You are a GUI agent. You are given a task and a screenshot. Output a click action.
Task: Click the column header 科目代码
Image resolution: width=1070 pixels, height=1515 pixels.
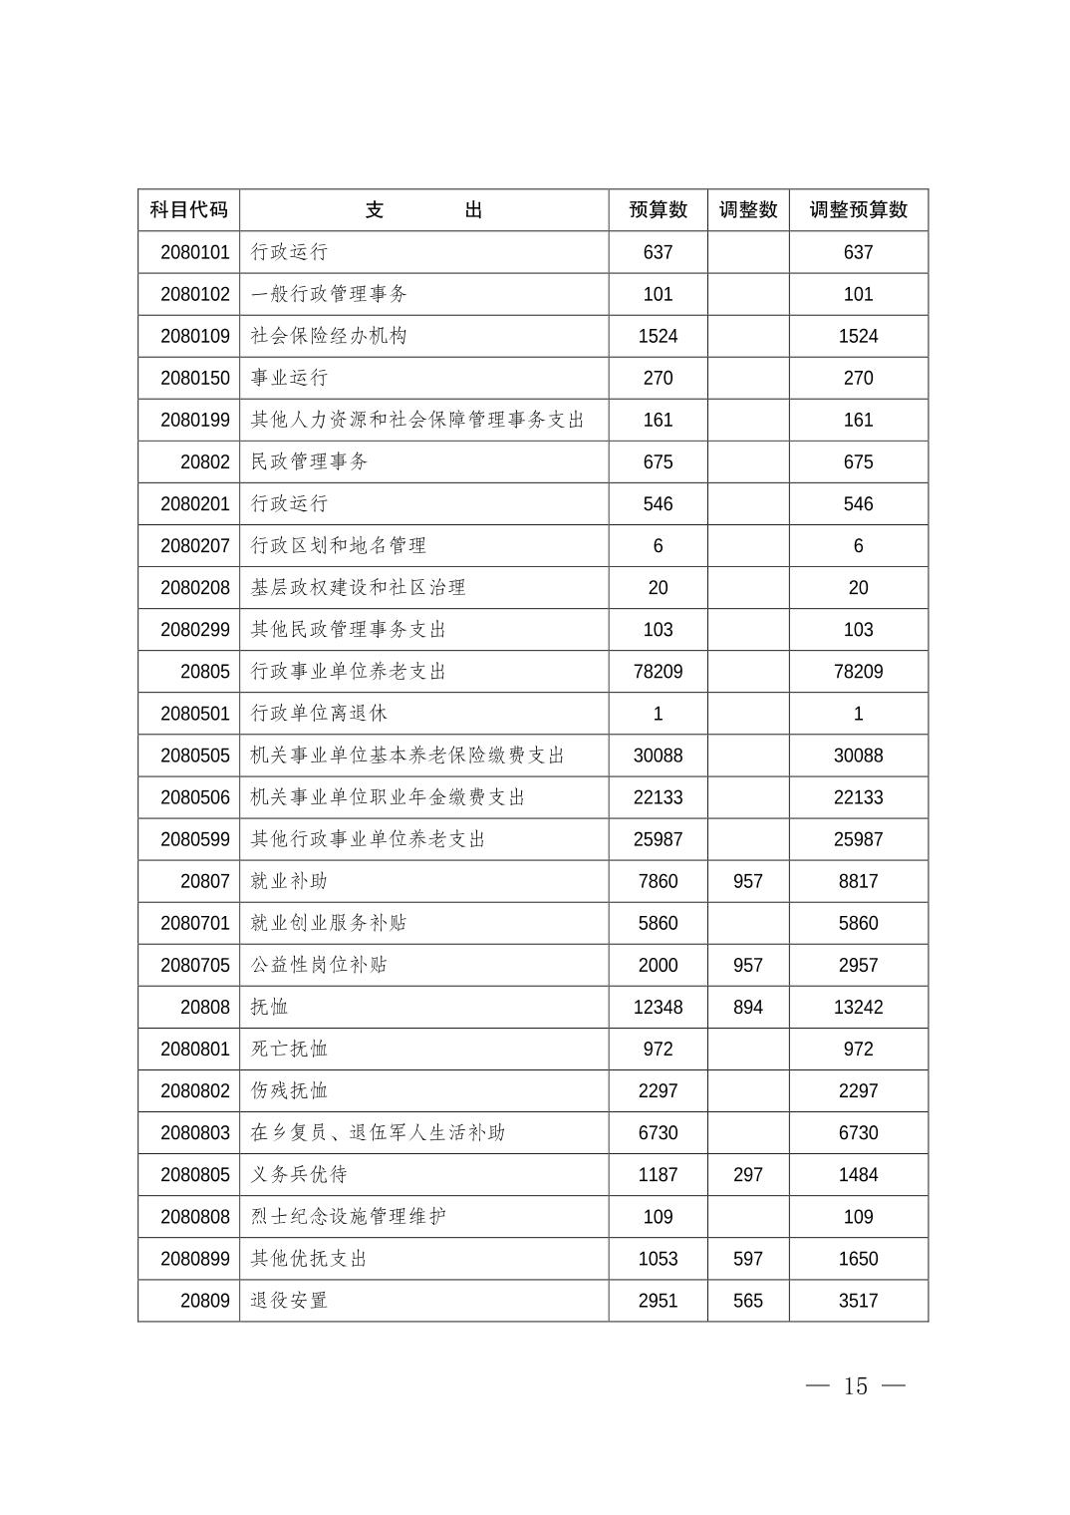[x=188, y=210]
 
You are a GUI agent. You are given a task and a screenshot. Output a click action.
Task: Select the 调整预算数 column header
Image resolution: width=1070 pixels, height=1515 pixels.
[x=858, y=210]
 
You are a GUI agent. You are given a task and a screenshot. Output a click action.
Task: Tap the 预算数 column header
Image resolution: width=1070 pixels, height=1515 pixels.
[x=658, y=210]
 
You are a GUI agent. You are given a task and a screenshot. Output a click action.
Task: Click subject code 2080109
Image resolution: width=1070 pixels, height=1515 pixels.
[x=195, y=337]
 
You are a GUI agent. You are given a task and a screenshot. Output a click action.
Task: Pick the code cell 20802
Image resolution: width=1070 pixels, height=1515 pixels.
[x=205, y=462]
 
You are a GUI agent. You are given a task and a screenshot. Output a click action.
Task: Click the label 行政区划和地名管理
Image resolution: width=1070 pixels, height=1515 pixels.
[x=339, y=546]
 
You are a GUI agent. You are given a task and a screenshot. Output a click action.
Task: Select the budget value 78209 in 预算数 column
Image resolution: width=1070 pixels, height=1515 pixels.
[x=658, y=672]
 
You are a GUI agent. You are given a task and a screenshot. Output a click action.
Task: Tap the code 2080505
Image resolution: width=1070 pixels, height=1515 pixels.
[x=195, y=756]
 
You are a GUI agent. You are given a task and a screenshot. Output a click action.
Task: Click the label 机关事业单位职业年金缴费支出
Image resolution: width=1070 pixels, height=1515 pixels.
[x=388, y=797]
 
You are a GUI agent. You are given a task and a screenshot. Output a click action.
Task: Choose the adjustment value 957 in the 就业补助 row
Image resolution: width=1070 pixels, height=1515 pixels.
[x=747, y=881]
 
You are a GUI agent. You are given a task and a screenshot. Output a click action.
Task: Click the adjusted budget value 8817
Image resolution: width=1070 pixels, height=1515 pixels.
[x=858, y=881]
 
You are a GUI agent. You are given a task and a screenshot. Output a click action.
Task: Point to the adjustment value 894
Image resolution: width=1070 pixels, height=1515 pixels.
[x=747, y=1007]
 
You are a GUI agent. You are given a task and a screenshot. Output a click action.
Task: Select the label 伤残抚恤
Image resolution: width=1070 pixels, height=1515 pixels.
[x=289, y=1091]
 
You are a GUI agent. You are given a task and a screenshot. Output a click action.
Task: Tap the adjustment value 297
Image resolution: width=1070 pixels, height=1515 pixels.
[x=747, y=1175]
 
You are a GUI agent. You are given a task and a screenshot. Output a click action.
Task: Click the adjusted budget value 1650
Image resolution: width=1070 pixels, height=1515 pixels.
[x=858, y=1259]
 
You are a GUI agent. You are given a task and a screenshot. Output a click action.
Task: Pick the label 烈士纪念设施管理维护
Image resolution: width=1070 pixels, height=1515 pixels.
[x=349, y=1217]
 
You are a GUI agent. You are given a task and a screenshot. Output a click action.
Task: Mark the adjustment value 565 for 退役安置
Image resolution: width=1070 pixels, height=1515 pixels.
[x=747, y=1301]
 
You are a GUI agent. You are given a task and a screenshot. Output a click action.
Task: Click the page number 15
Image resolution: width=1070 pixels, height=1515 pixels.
[x=856, y=1386]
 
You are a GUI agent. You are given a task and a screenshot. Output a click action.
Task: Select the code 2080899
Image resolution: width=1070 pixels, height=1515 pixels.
[x=195, y=1259]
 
